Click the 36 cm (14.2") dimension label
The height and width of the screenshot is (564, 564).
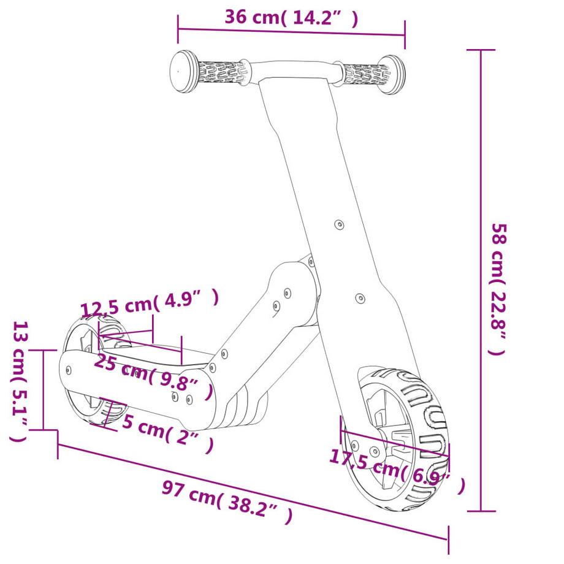point(291,17)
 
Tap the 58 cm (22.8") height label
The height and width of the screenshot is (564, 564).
point(498,289)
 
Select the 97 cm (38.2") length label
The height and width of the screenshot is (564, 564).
point(227,499)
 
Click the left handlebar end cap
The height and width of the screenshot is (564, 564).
point(183,71)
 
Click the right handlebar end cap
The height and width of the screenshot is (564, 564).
point(392,75)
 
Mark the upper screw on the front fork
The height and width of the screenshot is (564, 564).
point(339,224)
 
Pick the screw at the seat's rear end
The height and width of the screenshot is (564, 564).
point(68,370)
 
